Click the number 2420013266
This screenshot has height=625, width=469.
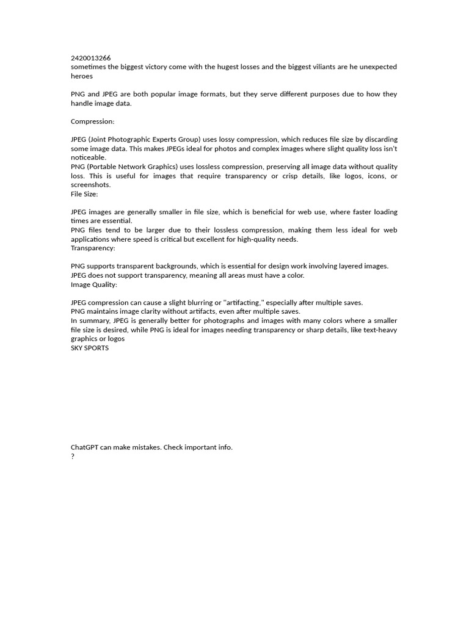(91, 58)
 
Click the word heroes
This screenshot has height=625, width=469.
(82, 76)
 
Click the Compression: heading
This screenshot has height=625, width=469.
(92, 121)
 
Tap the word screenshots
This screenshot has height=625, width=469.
(90, 185)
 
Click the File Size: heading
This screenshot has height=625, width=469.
(84, 194)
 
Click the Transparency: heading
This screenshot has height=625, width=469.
(93, 248)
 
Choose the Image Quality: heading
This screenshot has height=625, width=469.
(94, 284)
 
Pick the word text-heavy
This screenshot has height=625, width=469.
(379, 330)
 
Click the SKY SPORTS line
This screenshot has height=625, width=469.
(90, 348)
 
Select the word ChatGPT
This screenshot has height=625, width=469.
(85, 447)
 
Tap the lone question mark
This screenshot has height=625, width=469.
(73, 457)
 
